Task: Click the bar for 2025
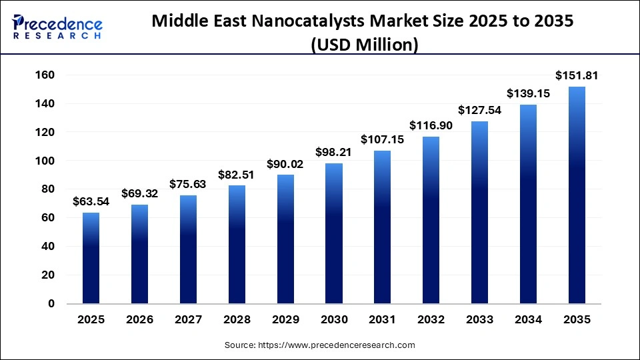tap(91, 258)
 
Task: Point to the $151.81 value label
tap(577, 76)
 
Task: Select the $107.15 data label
tap(383, 140)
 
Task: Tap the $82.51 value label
tap(237, 175)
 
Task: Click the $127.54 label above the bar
tap(480, 111)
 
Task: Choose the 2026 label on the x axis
tap(139, 320)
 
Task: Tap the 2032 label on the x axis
tap(431, 320)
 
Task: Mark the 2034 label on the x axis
tap(529, 320)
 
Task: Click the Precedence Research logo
tap(57, 27)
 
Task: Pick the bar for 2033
tap(480, 212)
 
